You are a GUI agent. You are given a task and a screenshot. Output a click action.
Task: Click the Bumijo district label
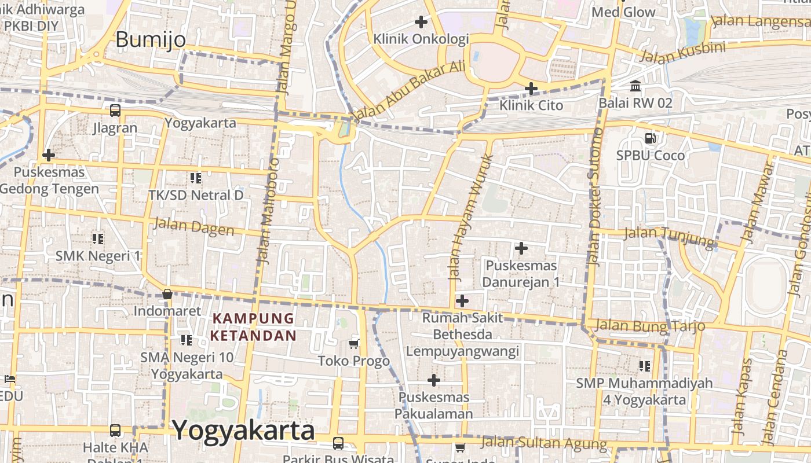click(151, 39)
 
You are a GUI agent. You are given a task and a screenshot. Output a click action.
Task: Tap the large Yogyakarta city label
click(243, 430)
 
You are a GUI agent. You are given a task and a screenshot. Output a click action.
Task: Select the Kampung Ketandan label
click(253, 326)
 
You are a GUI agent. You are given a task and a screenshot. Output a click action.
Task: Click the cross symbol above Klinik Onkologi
click(421, 23)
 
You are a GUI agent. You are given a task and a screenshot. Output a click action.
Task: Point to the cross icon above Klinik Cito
click(531, 89)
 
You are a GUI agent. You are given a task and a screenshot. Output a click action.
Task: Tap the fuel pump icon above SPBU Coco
click(650, 138)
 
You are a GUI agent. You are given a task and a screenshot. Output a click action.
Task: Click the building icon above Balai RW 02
click(635, 86)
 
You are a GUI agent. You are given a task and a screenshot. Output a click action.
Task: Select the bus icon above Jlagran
click(115, 110)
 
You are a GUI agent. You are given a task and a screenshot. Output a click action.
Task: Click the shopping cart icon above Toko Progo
click(354, 344)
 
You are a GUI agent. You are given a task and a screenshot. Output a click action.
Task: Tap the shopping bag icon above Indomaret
click(167, 294)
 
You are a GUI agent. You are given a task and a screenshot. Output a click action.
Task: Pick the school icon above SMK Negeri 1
click(98, 238)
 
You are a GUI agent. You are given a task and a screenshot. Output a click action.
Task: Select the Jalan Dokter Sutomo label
click(594, 197)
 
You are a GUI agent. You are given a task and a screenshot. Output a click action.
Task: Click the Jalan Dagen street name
click(194, 226)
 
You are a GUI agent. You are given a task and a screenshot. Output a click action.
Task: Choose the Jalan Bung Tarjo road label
click(651, 325)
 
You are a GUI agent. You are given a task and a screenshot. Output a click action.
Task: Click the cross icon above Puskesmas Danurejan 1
click(521, 248)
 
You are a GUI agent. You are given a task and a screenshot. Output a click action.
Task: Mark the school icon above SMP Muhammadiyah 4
click(644, 366)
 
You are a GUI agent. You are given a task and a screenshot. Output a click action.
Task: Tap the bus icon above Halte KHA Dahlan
click(115, 430)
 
